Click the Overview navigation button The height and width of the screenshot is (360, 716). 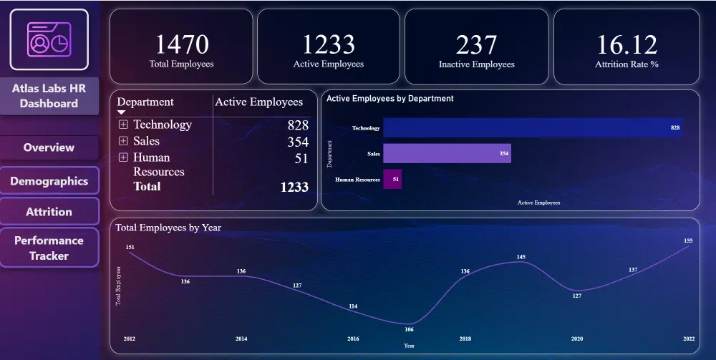49,147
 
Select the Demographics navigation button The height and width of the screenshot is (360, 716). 49,181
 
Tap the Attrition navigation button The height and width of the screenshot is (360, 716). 49,212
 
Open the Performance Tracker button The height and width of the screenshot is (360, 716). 49,248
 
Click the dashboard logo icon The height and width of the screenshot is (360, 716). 49,39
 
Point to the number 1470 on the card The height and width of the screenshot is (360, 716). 181,44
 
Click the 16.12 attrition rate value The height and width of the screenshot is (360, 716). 626,44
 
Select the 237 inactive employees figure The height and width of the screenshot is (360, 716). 476,44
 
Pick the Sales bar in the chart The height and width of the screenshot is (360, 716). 447,153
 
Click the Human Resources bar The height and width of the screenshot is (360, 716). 392,179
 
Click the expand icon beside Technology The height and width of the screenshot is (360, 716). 123,125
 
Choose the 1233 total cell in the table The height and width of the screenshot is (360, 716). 294,187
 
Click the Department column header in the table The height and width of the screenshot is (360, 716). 145,102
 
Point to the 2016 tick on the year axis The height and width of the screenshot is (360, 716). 353,338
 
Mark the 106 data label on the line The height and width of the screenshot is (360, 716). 409,330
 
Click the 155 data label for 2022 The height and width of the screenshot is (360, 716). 688,241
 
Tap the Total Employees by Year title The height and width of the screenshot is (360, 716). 168,228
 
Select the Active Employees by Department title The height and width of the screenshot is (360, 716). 390,99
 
